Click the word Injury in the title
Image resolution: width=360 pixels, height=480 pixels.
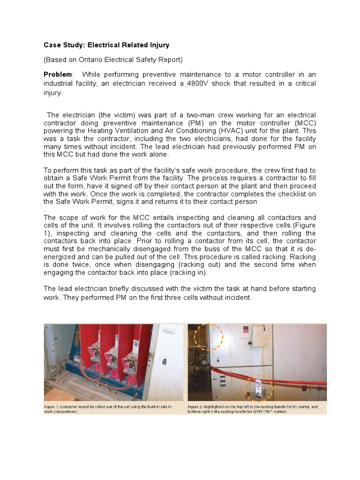click(x=158, y=45)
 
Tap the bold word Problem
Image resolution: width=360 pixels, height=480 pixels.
click(x=58, y=75)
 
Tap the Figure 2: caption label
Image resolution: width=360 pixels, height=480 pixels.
click(x=200, y=406)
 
